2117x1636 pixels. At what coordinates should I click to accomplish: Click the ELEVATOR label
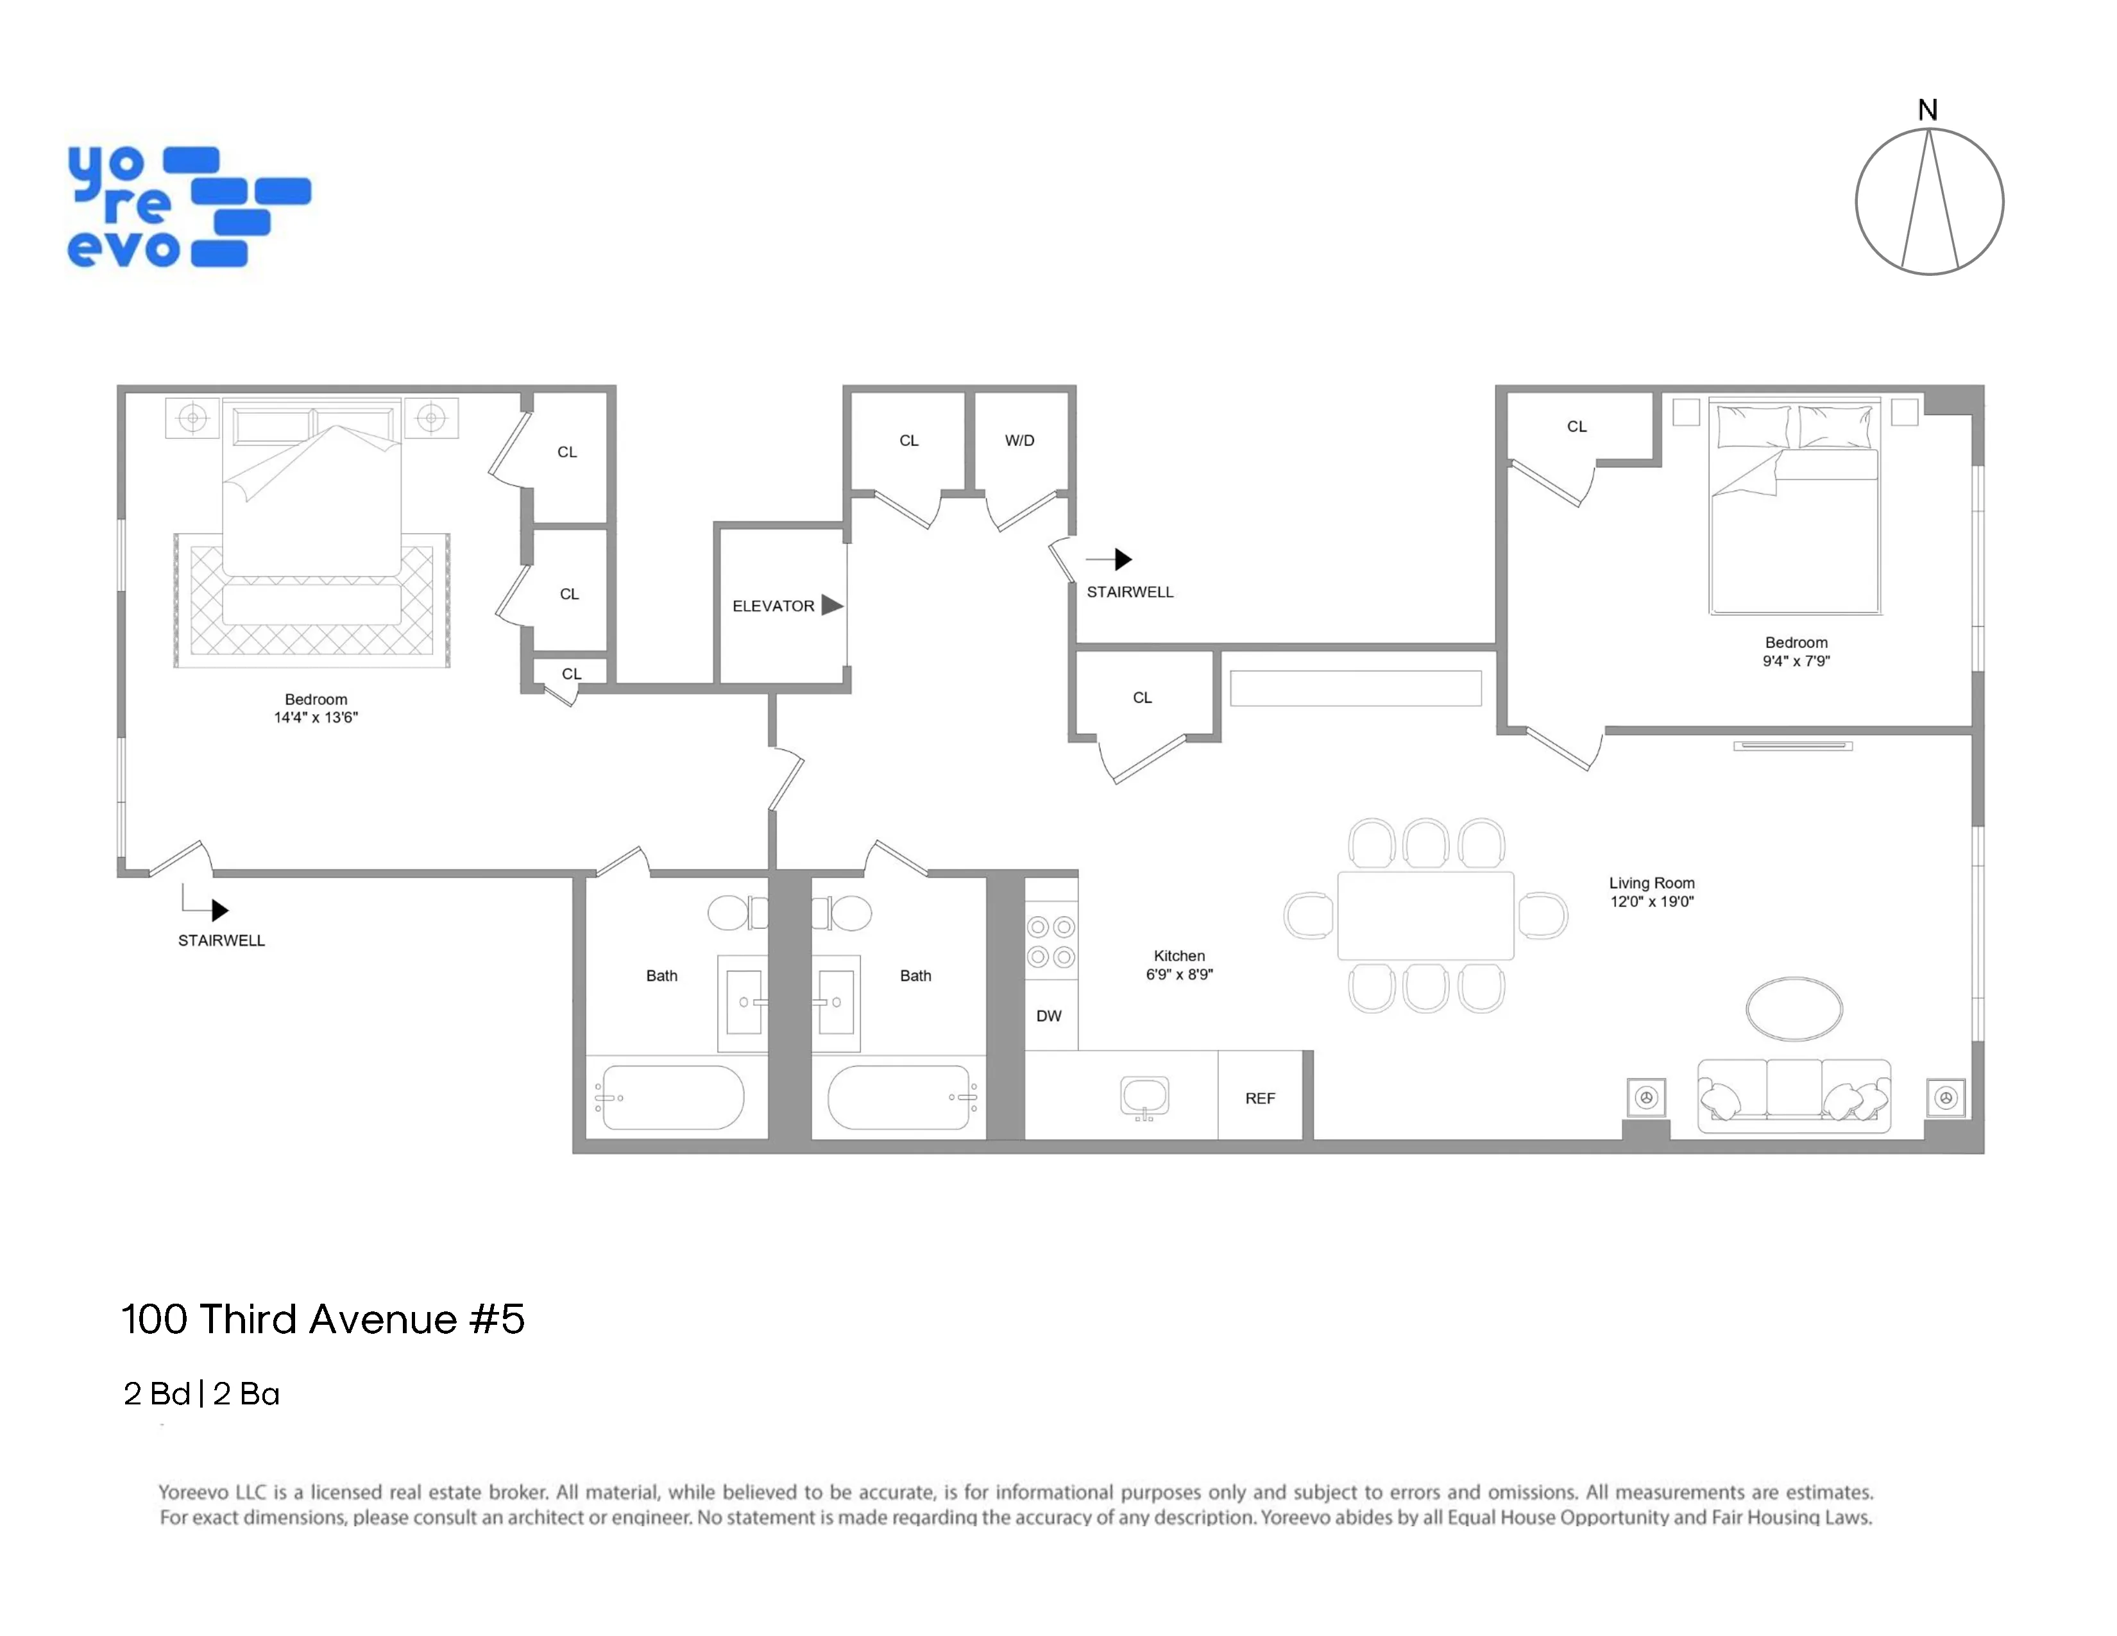pyautogui.click(x=772, y=606)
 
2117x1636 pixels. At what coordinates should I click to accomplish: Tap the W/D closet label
pyautogui.click(x=1019, y=440)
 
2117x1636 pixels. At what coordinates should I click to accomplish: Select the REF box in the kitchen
pyautogui.click(x=1259, y=1098)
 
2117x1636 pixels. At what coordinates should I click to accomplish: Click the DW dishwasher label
pyautogui.click(x=1049, y=1016)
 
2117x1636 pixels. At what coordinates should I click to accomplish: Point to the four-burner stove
pyautogui.click(x=1051, y=942)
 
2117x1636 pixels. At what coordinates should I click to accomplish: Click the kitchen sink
pyautogui.click(x=1144, y=1097)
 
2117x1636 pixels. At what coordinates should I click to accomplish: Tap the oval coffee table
pyautogui.click(x=1794, y=1008)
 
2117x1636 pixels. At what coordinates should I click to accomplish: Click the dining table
pyautogui.click(x=1425, y=915)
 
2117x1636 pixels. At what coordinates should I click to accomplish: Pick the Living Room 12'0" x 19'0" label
pyautogui.click(x=1652, y=892)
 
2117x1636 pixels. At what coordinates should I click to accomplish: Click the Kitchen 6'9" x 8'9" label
pyautogui.click(x=1178, y=964)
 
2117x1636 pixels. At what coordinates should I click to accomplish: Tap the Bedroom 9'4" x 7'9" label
pyautogui.click(x=1796, y=651)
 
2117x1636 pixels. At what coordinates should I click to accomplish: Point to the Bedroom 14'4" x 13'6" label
pyautogui.click(x=316, y=708)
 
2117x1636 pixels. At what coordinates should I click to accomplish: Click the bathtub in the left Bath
pyautogui.click(x=673, y=1097)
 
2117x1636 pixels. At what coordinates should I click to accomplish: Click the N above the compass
pyautogui.click(x=1928, y=110)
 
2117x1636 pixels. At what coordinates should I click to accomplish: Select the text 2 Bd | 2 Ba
pyautogui.click(x=201, y=1393)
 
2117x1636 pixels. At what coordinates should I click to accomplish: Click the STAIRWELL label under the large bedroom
pyautogui.click(x=221, y=940)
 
